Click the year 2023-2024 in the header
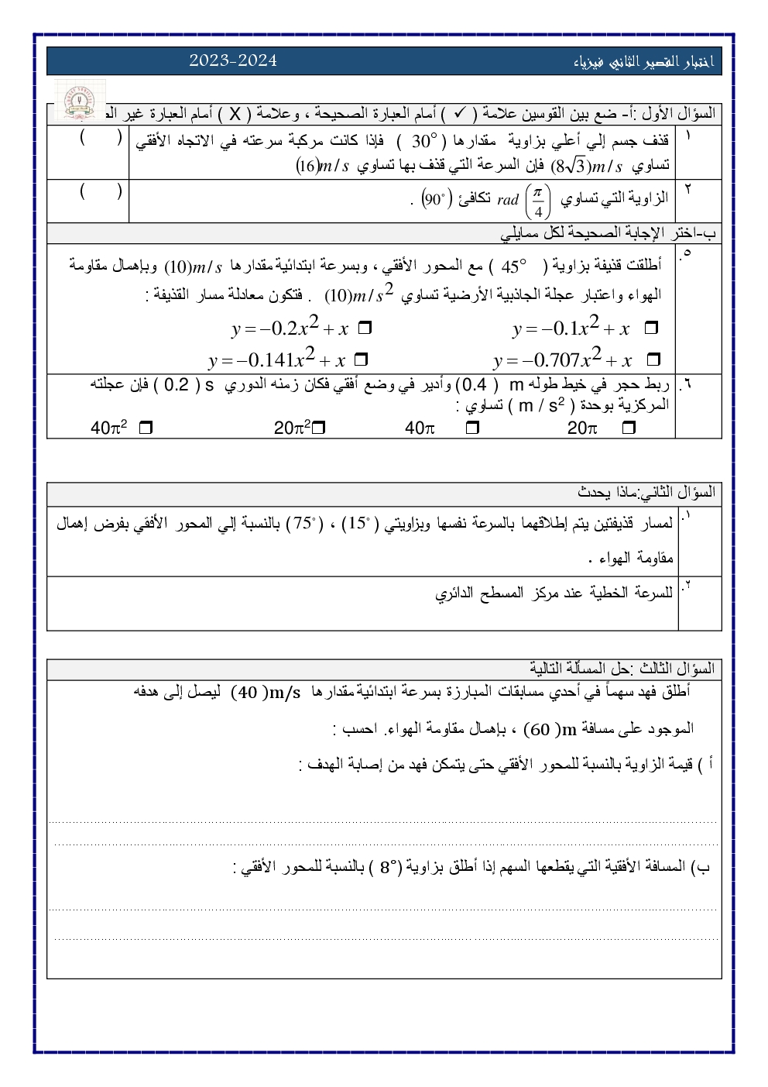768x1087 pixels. click(232, 60)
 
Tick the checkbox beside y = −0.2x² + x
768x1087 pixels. click(365, 329)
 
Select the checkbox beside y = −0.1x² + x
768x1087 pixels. click(650, 329)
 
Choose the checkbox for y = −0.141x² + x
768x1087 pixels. click(360, 360)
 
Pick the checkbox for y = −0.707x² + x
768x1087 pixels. click(653, 359)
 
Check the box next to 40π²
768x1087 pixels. click(145, 427)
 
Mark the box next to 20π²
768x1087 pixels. click(318, 427)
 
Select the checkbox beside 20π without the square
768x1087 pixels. click(629, 427)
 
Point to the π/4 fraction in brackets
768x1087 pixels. click(538, 200)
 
